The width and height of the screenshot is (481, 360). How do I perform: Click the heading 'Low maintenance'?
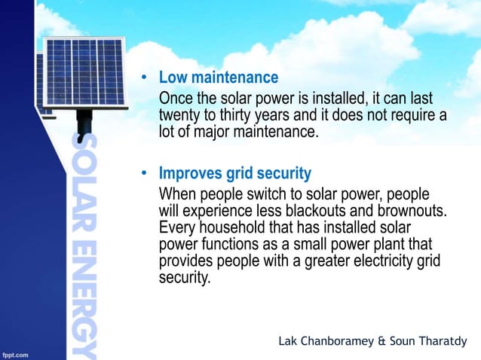coord(218,78)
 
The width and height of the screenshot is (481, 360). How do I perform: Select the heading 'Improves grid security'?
coord(234,174)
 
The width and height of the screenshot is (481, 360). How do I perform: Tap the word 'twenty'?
coord(179,116)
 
